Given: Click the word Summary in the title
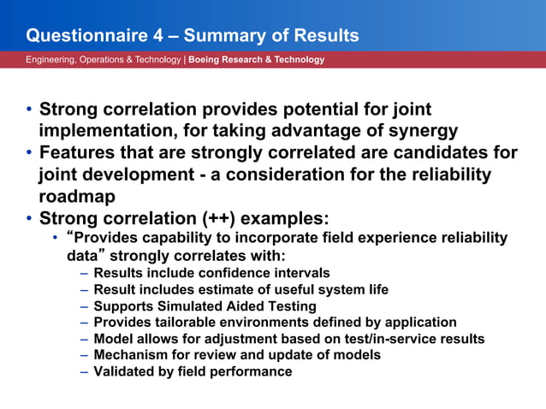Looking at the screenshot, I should coord(221,36).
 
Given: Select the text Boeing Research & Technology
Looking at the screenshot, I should coord(256,60).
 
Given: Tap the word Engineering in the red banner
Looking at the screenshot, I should coord(50,60).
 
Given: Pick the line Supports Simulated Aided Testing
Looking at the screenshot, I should coord(205,306).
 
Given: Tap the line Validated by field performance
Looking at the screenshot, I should coord(193,371).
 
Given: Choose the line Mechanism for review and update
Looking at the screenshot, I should coord(237,355).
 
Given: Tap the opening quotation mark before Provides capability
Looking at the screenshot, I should coord(70,236).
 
